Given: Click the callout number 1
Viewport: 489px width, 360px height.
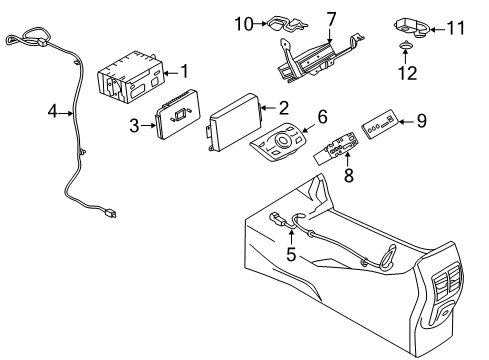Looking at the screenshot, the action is pos(184,71).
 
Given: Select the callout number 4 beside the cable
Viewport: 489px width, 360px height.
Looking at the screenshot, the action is pos(53,112).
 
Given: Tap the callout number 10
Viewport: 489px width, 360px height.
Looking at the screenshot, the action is pos(244,24).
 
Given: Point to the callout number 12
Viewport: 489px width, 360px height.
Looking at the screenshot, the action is pos(408,73).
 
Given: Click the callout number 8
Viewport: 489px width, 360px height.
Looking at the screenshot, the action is pos(349,175).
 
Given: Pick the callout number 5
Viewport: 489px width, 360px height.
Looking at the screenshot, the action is pos(291,254).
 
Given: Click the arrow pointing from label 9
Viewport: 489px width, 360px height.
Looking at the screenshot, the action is pos(406,122).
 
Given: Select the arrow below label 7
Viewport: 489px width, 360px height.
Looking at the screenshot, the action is pos(330,36).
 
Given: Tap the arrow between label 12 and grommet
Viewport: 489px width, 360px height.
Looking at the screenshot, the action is pos(405,56).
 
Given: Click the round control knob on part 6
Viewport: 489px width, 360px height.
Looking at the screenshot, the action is pos(284,139).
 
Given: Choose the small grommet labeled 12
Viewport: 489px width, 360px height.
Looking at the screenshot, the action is pos(405,45).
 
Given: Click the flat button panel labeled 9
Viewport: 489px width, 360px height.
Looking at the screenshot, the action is pos(380,125).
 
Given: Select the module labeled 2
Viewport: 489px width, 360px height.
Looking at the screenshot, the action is pos(234,122).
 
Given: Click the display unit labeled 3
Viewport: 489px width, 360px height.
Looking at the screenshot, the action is pos(177,114).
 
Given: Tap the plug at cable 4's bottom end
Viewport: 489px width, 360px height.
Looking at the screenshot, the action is pos(110,212).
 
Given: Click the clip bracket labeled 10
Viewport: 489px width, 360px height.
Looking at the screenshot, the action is pos(287,24).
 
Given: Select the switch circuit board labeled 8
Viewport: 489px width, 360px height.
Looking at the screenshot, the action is pos(337,148).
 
